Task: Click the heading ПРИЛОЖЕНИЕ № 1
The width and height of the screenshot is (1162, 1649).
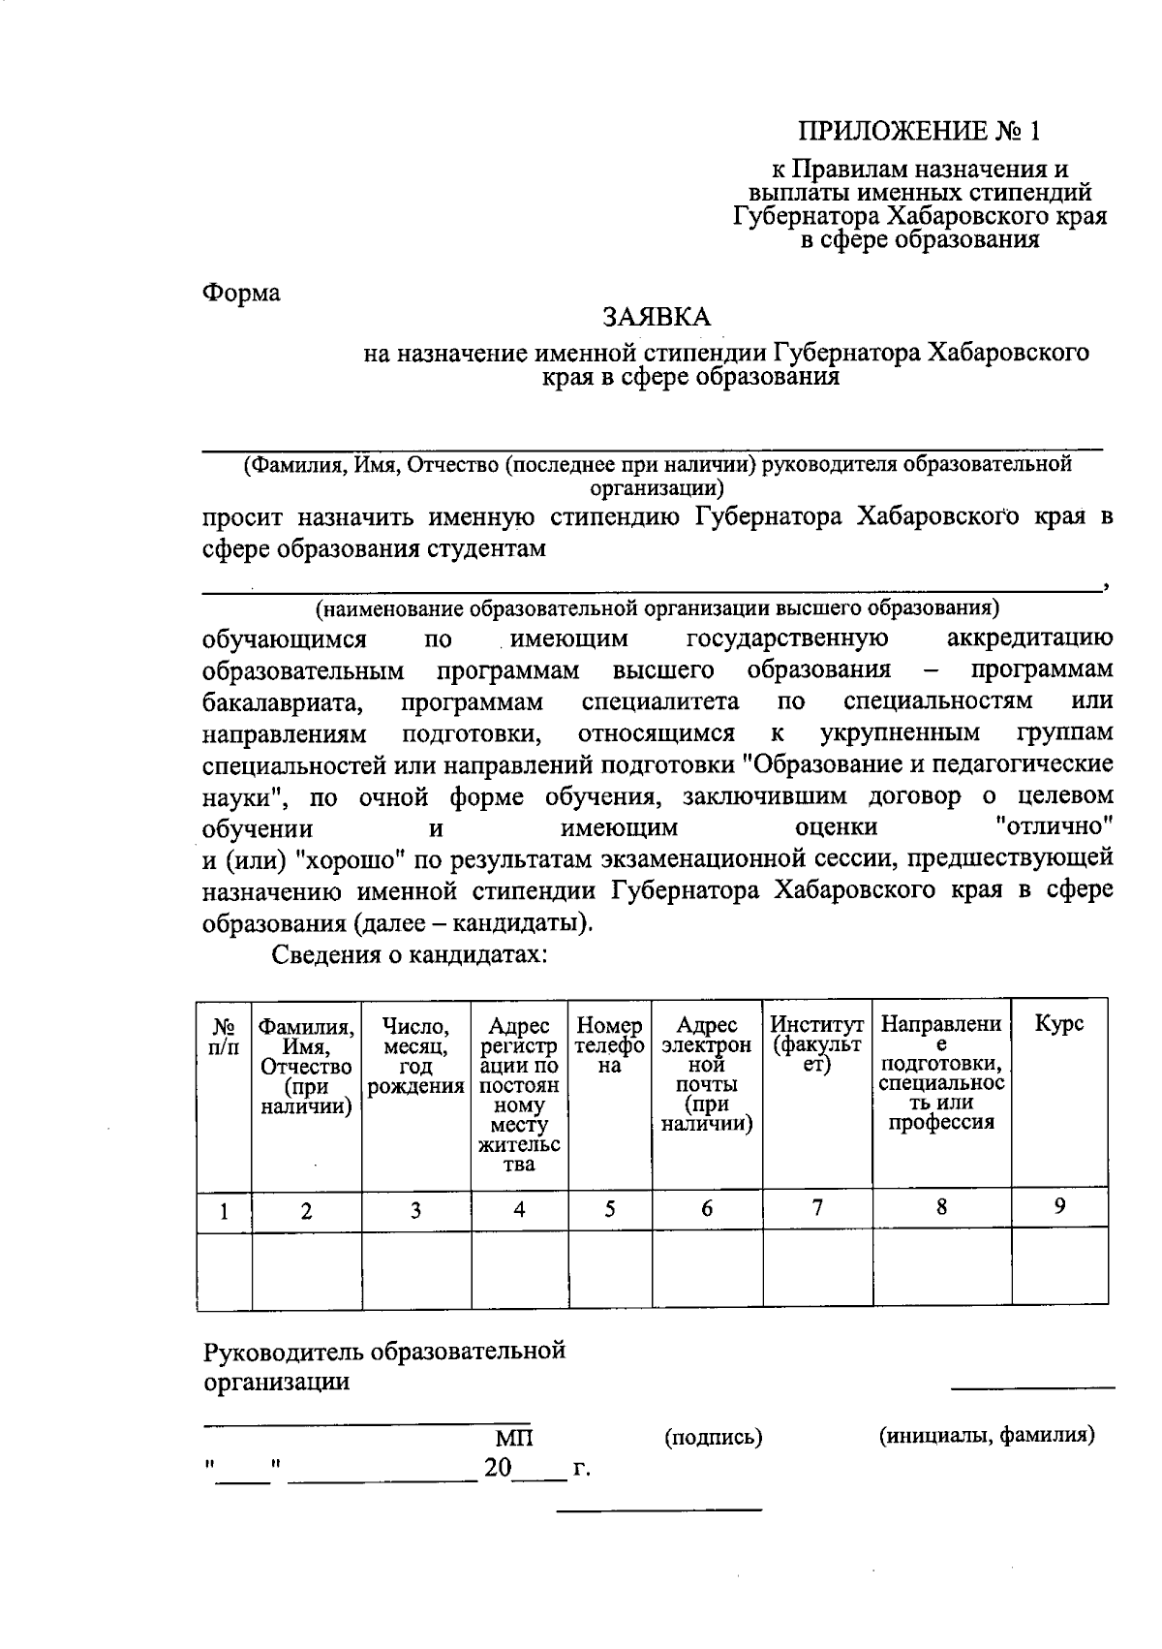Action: point(920,130)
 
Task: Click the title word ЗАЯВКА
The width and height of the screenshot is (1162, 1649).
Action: point(657,318)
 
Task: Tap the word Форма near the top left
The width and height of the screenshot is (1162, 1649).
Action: point(241,293)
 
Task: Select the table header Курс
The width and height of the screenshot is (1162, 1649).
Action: point(1059,1024)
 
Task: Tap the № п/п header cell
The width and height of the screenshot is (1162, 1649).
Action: point(224,1035)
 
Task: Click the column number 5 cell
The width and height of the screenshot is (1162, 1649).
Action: point(610,1209)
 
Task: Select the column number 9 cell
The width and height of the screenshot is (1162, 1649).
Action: point(1060,1206)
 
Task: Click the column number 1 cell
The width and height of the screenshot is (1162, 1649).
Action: point(224,1211)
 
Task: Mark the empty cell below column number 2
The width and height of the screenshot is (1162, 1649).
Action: point(306,1271)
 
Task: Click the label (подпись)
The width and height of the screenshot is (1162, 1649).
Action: point(714,1438)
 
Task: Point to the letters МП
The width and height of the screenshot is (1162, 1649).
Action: point(514,1438)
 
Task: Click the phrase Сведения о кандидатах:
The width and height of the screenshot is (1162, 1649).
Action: point(410,955)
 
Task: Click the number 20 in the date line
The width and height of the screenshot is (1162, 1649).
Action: point(498,1468)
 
